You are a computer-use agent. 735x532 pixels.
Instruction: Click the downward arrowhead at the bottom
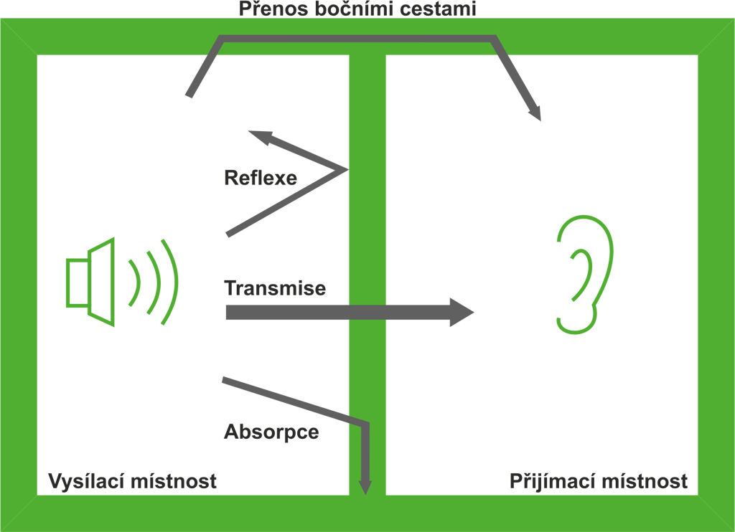tap(365, 487)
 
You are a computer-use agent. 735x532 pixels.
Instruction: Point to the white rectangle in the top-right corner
tap(631, 8)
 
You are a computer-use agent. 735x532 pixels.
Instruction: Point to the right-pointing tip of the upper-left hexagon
tap(347, 170)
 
